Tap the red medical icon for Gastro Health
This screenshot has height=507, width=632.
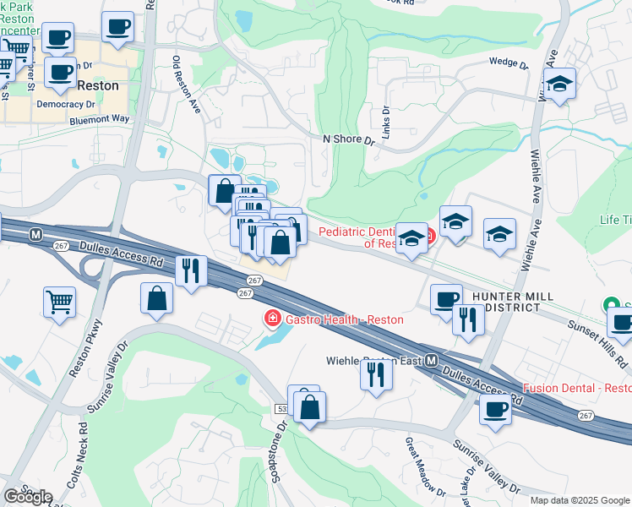pos(273,319)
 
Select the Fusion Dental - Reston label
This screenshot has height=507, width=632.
pos(577,388)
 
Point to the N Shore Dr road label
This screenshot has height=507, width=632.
pos(347,139)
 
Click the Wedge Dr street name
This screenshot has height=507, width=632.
pos(509,63)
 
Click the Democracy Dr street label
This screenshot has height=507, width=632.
pos(66,104)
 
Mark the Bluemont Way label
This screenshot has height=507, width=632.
pos(100,119)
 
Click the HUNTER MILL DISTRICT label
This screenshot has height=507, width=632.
pos(513,302)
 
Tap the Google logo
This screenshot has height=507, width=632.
pos(27,496)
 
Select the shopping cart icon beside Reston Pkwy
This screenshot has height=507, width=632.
pos(59,302)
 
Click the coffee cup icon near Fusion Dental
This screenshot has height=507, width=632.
pos(495,411)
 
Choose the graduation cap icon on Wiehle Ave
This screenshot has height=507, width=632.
pos(559,84)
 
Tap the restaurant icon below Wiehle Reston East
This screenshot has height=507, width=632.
pos(376,373)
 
